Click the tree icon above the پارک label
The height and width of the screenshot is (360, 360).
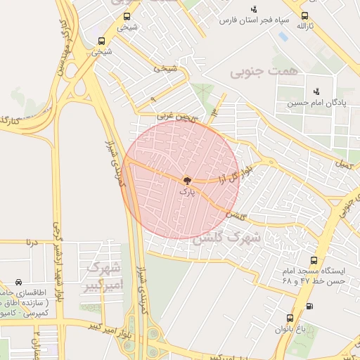[x=186, y=180]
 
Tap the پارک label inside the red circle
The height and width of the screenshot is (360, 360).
[x=186, y=191]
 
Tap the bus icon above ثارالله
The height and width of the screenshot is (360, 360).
[x=304, y=15]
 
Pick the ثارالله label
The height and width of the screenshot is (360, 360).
[x=304, y=26]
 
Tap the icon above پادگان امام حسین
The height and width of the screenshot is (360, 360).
[x=316, y=91]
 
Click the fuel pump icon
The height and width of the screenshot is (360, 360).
[x=310, y=306]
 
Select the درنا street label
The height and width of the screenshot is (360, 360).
[x=30, y=242]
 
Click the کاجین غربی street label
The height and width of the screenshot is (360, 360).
[x=174, y=114]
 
